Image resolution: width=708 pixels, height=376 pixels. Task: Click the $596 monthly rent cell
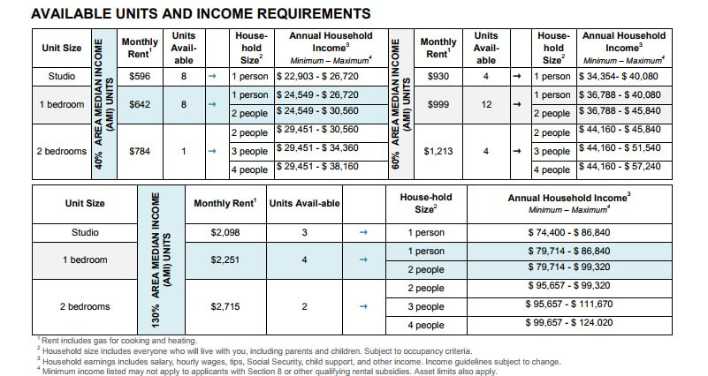(140, 78)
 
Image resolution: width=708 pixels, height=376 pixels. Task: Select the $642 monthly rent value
(140, 104)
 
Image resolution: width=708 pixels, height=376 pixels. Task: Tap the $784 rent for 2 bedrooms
(140, 150)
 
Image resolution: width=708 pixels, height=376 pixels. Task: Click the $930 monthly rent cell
(438, 78)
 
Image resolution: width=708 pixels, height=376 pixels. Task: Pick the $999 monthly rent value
(438, 104)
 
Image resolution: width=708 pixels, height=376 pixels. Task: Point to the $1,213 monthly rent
(438, 150)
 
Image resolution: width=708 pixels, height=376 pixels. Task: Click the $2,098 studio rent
(225, 233)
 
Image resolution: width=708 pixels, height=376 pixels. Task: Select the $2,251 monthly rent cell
(225, 260)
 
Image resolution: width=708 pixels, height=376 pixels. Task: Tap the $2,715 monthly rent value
(225, 306)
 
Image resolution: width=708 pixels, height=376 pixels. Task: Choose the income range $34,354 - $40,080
(620, 78)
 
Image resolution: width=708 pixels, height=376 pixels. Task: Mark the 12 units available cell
(485, 104)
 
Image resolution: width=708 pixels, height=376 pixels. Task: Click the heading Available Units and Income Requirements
(188, 13)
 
